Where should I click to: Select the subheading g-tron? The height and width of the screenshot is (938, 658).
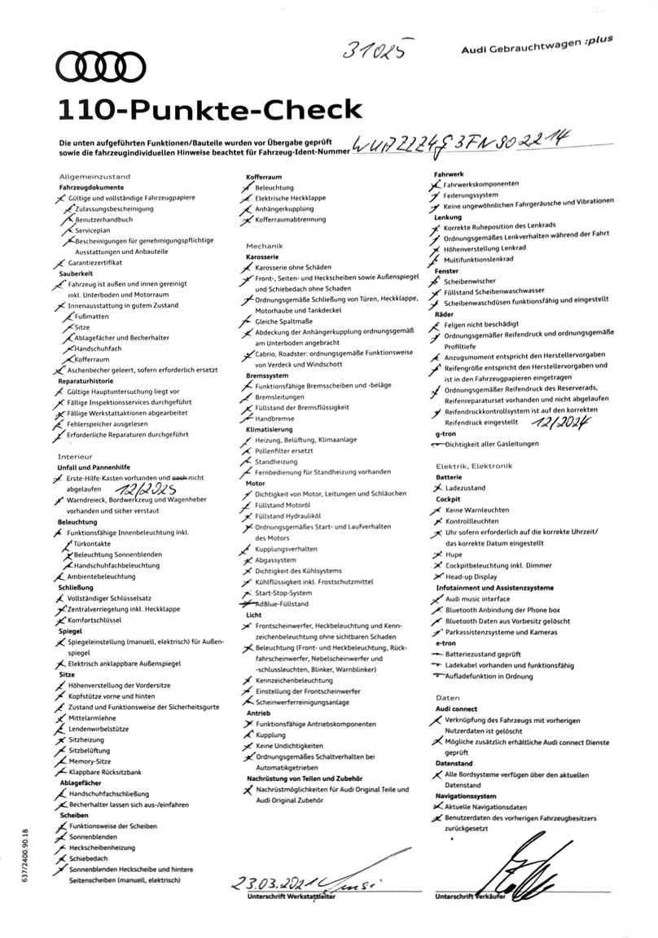click(x=446, y=433)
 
